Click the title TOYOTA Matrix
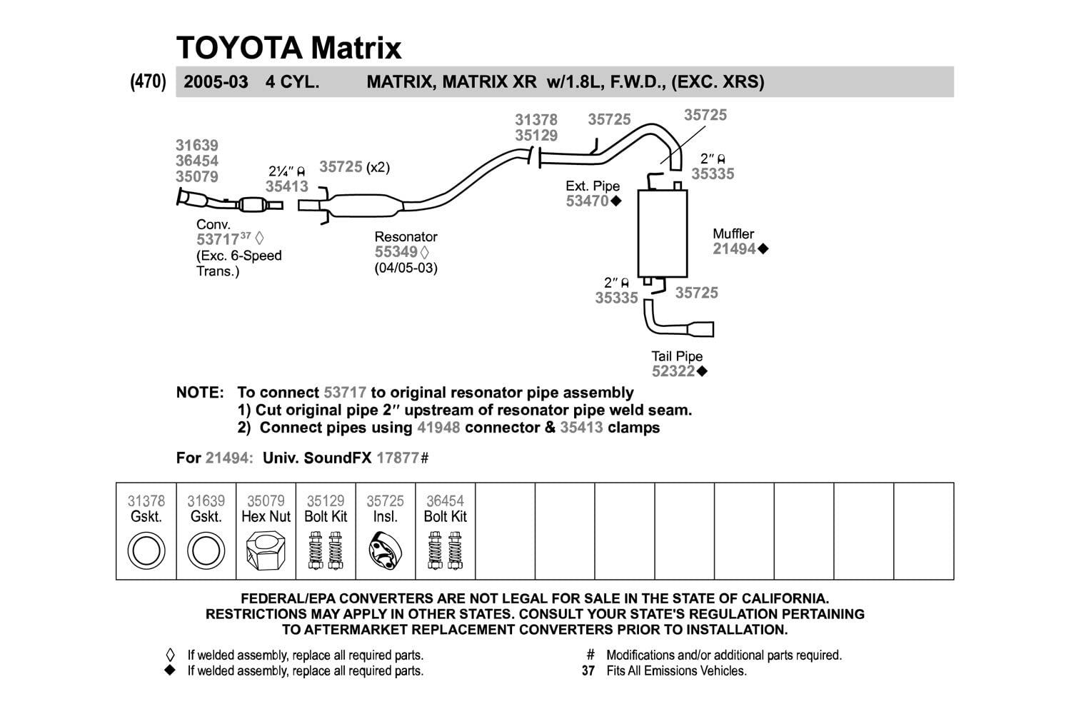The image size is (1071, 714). (x=288, y=48)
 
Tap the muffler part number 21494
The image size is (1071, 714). (x=734, y=249)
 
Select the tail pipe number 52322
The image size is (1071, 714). (x=673, y=371)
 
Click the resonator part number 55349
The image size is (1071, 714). (x=396, y=252)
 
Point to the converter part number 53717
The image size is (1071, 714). (x=218, y=240)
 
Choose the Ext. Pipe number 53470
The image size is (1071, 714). (x=587, y=201)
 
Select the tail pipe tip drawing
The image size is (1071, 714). (x=700, y=329)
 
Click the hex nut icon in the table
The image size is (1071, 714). (x=266, y=552)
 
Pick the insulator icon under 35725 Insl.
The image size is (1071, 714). (x=385, y=552)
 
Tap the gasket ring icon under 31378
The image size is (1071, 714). (x=146, y=552)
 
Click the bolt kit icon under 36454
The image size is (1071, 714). (x=445, y=551)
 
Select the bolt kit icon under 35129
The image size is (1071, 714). (x=326, y=551)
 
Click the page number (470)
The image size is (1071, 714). (x=148, y=81)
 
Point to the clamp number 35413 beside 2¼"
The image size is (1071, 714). (x=287, y=186)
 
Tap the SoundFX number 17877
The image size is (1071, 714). (x=398, y=458)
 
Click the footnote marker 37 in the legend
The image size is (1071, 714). (x=588, y=671)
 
